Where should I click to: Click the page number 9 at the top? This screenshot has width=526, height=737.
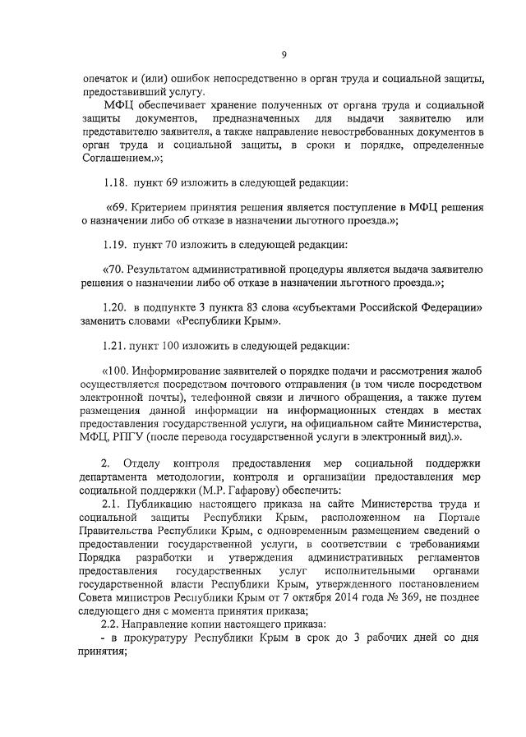pyautogui.click(x=283, y=54)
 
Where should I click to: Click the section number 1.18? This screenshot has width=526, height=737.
pyautogui.click(x=118, y=181)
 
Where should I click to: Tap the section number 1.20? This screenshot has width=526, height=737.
pyautogui.click(x=118, y=306)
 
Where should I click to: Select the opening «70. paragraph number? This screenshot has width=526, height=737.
pyautogui.click(x=117, y=269)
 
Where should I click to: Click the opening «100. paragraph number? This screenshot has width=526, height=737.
pyautogui.click(x=120, y=370)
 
